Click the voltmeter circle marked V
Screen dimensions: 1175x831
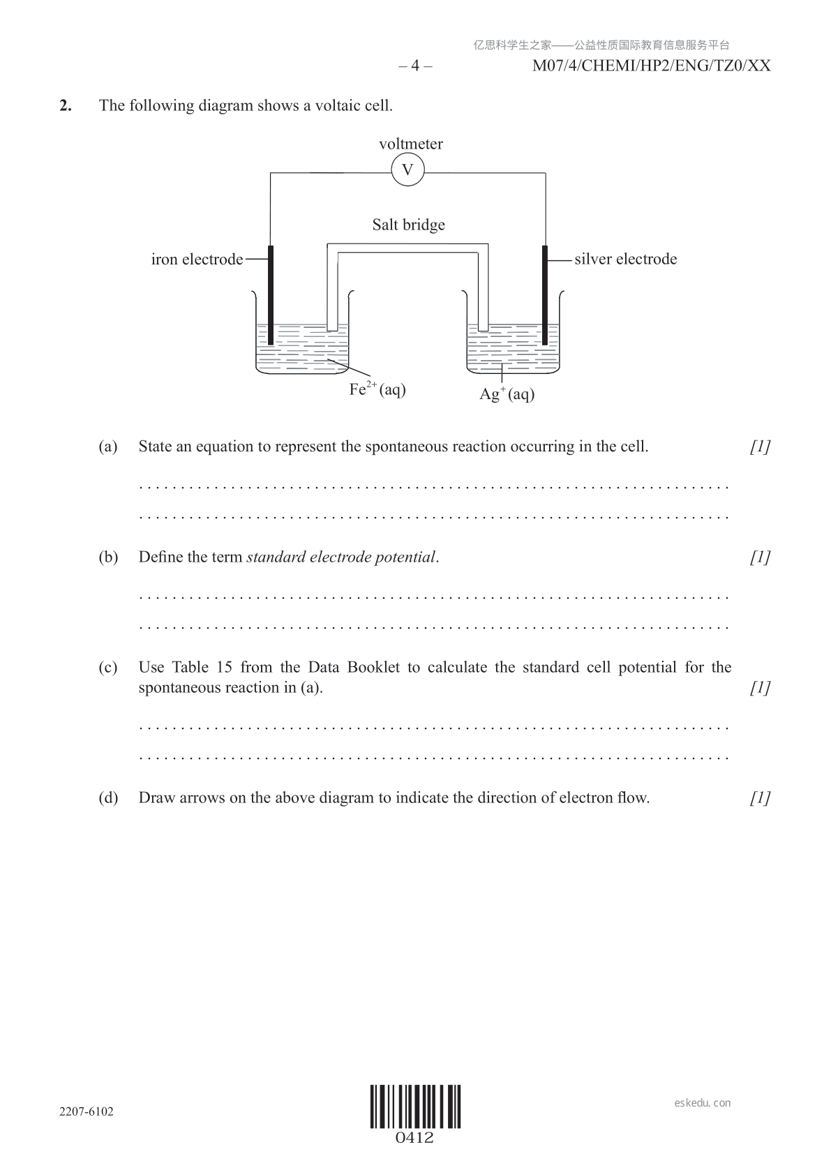[407, 170]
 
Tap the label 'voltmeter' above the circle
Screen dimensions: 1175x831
[410, 144]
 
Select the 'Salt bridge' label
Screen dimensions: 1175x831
[408, 225]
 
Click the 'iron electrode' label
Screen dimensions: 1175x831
[197, 260]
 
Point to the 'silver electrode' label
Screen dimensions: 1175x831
[625, 259]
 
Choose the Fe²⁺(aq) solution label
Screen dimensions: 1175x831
[377, 389]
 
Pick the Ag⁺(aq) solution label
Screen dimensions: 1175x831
[507, 394]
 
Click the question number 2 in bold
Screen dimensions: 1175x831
[66, 105]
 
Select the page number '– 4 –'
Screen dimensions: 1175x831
[415, 66]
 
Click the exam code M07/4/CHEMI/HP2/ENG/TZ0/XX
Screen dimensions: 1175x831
[651, 66]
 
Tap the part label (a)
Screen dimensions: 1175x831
[108, 447]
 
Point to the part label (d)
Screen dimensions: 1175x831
[108, 798]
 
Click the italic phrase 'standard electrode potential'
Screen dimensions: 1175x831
[341, 557]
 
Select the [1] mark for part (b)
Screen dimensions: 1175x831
[760, 557]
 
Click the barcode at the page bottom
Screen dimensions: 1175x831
[415, 1107]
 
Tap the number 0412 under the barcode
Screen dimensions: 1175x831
[414, 1138]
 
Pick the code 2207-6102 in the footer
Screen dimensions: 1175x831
[85, 1112]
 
